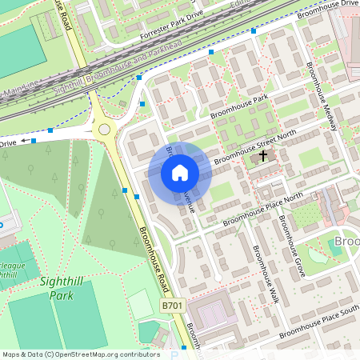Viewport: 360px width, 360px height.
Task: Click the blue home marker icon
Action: (180, 173)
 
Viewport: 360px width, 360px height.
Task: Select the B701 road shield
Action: (171, 306)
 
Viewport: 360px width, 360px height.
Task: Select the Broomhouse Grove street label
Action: (290, 242)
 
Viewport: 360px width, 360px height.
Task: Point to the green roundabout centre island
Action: (103, 130)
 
